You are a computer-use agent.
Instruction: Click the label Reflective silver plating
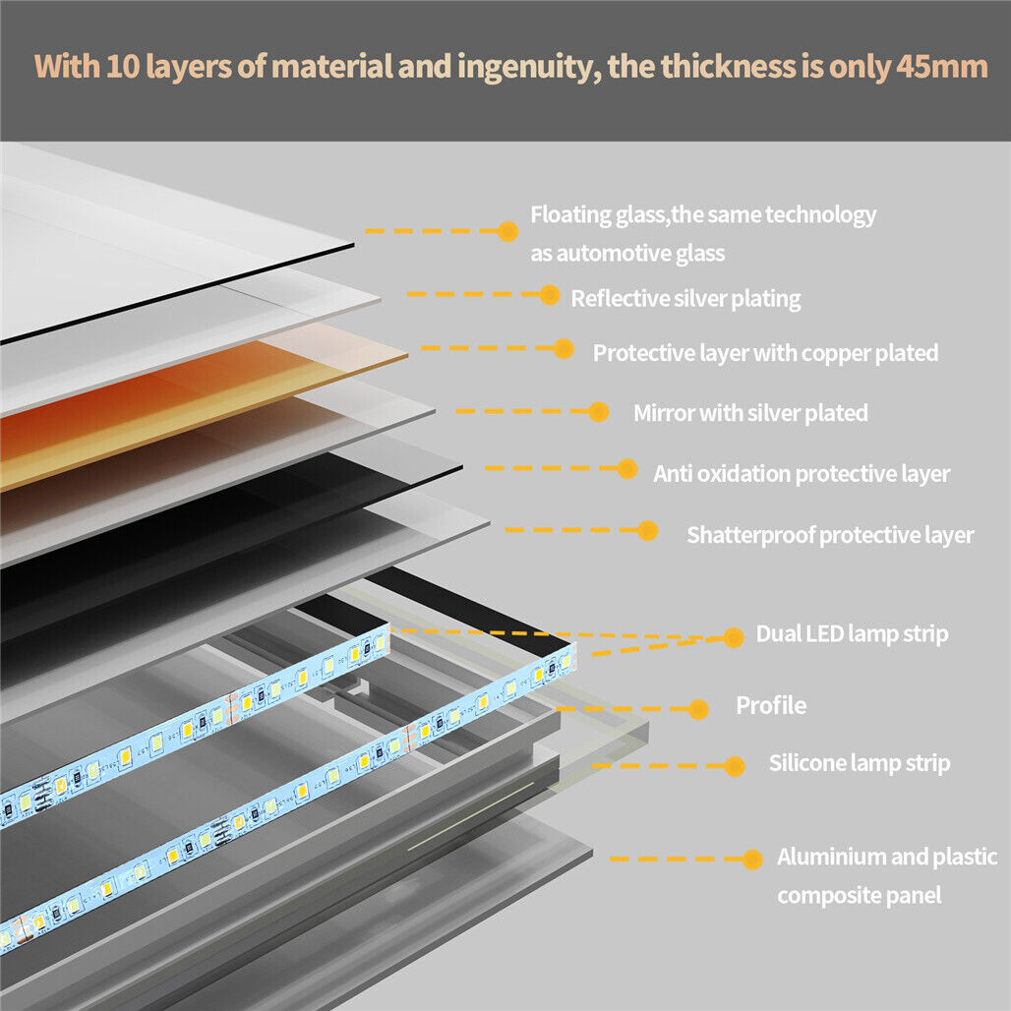[x=685, y=298]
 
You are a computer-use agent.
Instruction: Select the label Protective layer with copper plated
[x=765, y=352]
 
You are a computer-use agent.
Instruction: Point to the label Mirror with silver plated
[x=750, y=412]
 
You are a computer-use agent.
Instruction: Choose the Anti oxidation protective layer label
[x=802, y=473]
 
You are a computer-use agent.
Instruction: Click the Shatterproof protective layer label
[x=830, y=535]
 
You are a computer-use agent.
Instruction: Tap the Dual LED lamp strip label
[x=852, y=633]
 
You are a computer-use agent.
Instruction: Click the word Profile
[x=771, y=705]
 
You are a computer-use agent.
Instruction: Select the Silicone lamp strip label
[x=860, y=763]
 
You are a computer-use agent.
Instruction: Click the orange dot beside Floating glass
[x=508, y=231]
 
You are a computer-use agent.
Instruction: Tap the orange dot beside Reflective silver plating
[x=550, y=293]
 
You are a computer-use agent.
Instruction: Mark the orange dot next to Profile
[x=699, y=709]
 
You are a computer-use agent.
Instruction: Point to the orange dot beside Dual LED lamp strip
[x=734, y=637]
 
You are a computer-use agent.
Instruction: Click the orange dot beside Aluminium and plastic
[x=752, y=860]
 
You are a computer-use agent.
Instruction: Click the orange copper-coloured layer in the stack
[x=197, y=403]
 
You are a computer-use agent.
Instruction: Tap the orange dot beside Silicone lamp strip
[x=734, y=764]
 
